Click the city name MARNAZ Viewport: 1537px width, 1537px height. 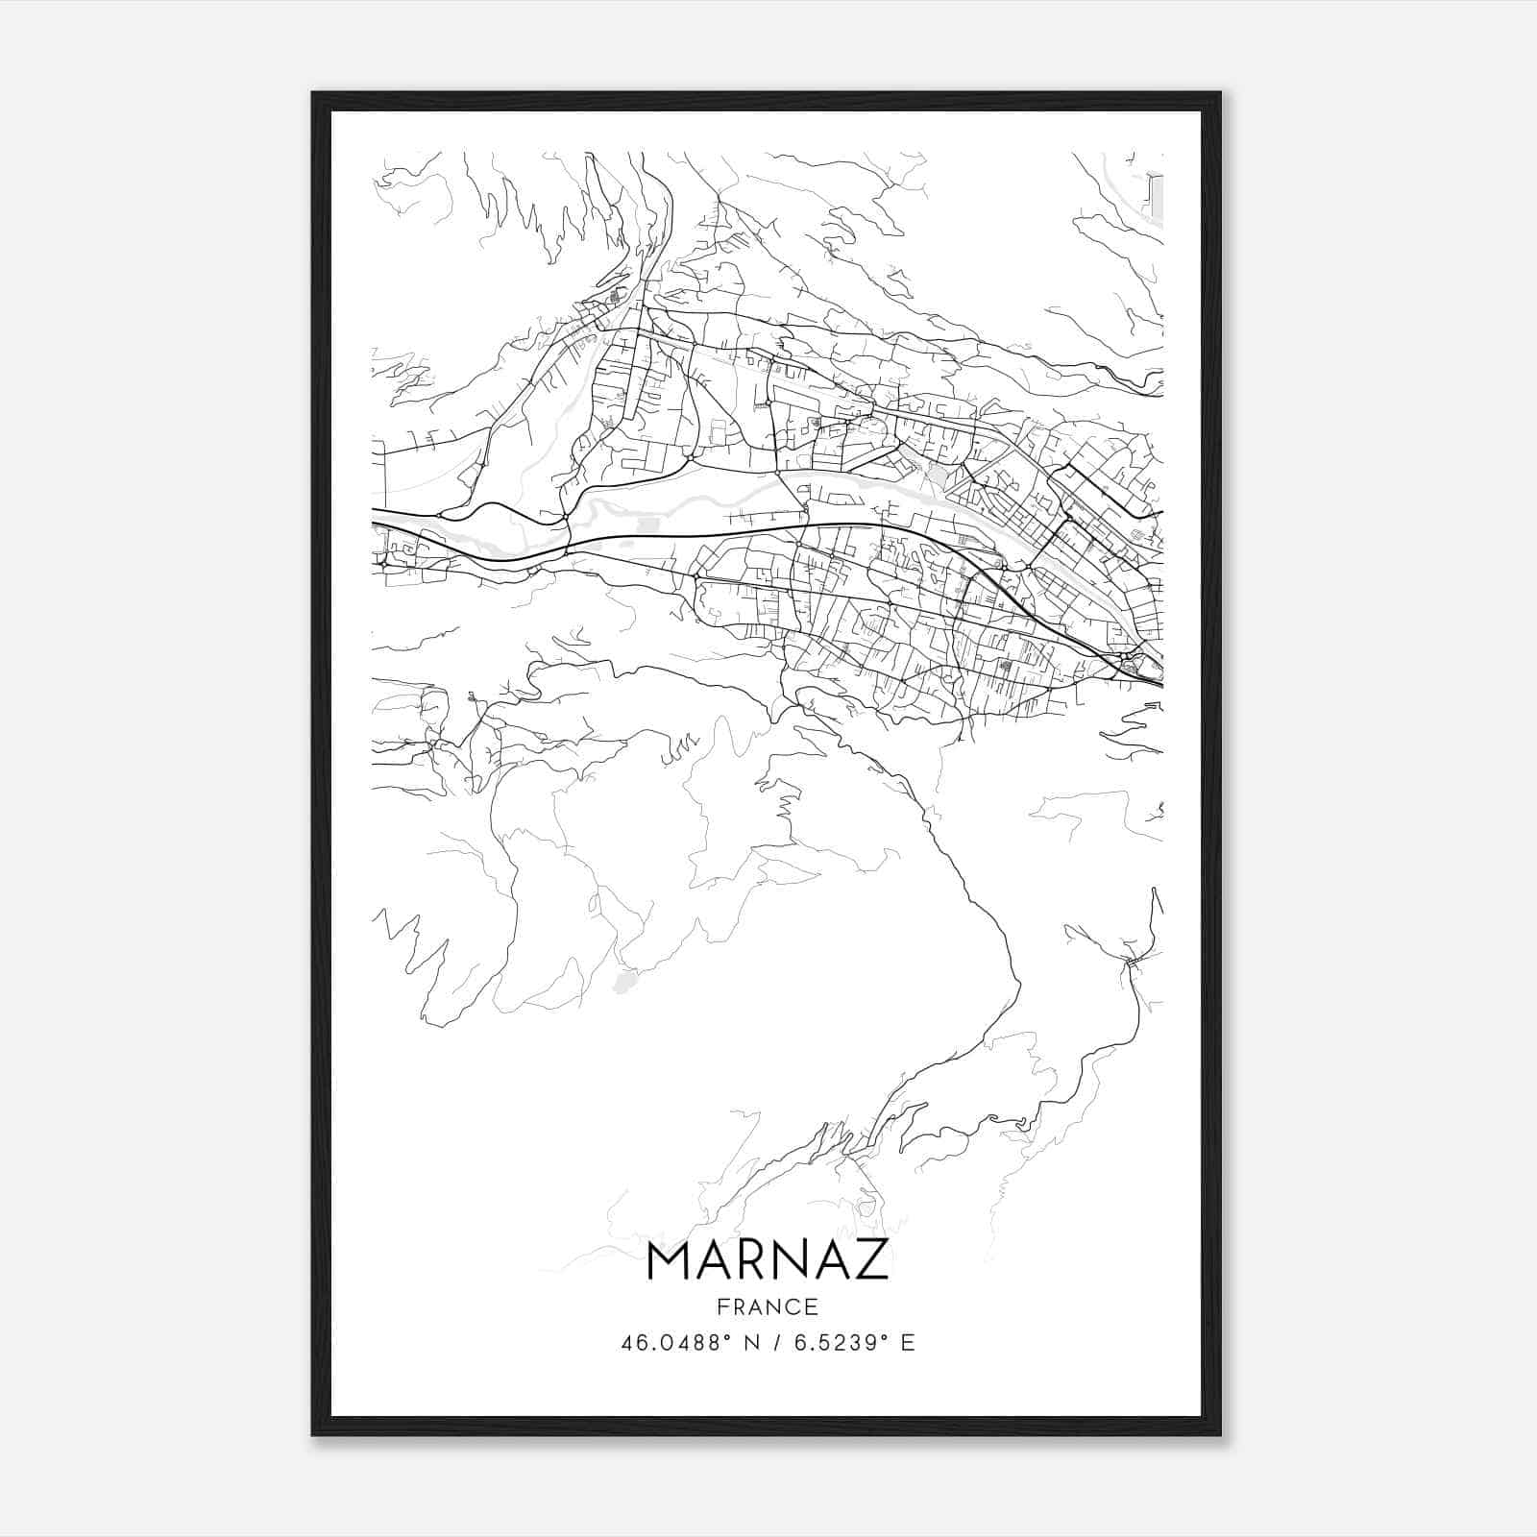pos(768,1260)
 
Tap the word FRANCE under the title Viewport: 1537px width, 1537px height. pos(768,1307)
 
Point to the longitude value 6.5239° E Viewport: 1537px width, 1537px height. pos(843,1343)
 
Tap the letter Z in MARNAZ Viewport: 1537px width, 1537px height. pos(872,1260)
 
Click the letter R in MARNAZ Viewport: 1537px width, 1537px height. pos(751,1260)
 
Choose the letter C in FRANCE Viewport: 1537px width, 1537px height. pos(792,1307)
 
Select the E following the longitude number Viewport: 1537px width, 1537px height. pos(908,1343)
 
